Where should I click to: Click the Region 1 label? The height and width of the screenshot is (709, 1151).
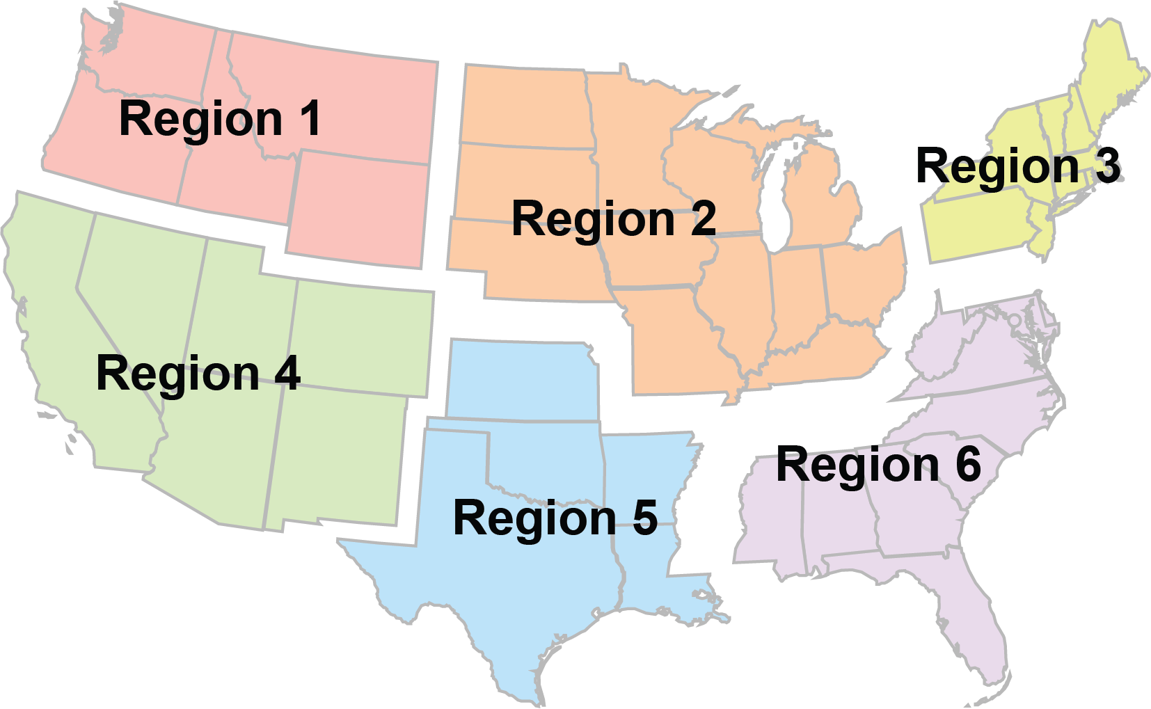(220, 119)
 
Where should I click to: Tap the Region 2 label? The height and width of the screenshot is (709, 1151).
(613, 218)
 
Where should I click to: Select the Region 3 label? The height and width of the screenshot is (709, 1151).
(1017, 166)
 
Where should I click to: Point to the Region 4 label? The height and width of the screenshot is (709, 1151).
(198, 374)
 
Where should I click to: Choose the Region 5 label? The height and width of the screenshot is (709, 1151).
(555, 518)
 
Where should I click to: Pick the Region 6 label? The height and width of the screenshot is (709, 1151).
(878, 465)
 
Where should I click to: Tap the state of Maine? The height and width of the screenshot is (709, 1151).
(1110, 70)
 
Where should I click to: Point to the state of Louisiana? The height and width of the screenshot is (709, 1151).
(654, 584)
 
